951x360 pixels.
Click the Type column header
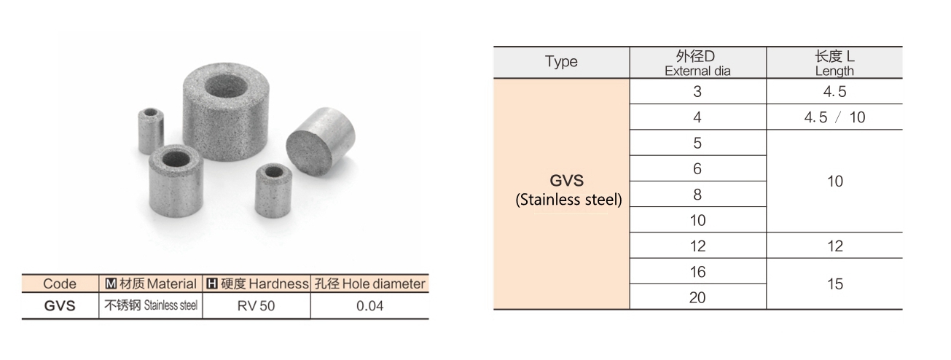tap(561, 62)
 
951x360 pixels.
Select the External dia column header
tap(697, 63)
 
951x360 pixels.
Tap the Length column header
tap(834, 63)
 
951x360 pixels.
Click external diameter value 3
tap(697, 92)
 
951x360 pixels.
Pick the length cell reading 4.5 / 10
tap(834, 117)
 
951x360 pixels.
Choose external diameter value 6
tap(697, 169)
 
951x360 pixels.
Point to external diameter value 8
tap(697, 195)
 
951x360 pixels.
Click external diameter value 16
tap(697, 272)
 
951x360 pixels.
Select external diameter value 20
tap(697, 297)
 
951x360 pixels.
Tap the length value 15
tap(834, 284)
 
